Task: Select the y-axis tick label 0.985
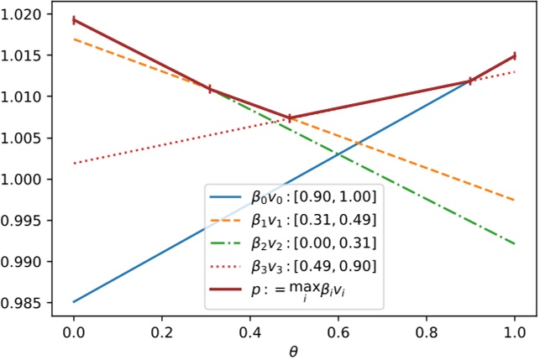pos(29,303)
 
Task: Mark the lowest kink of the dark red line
pos(290,118)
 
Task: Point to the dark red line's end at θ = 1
pos(514,56)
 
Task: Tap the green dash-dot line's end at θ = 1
pos(514,244)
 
